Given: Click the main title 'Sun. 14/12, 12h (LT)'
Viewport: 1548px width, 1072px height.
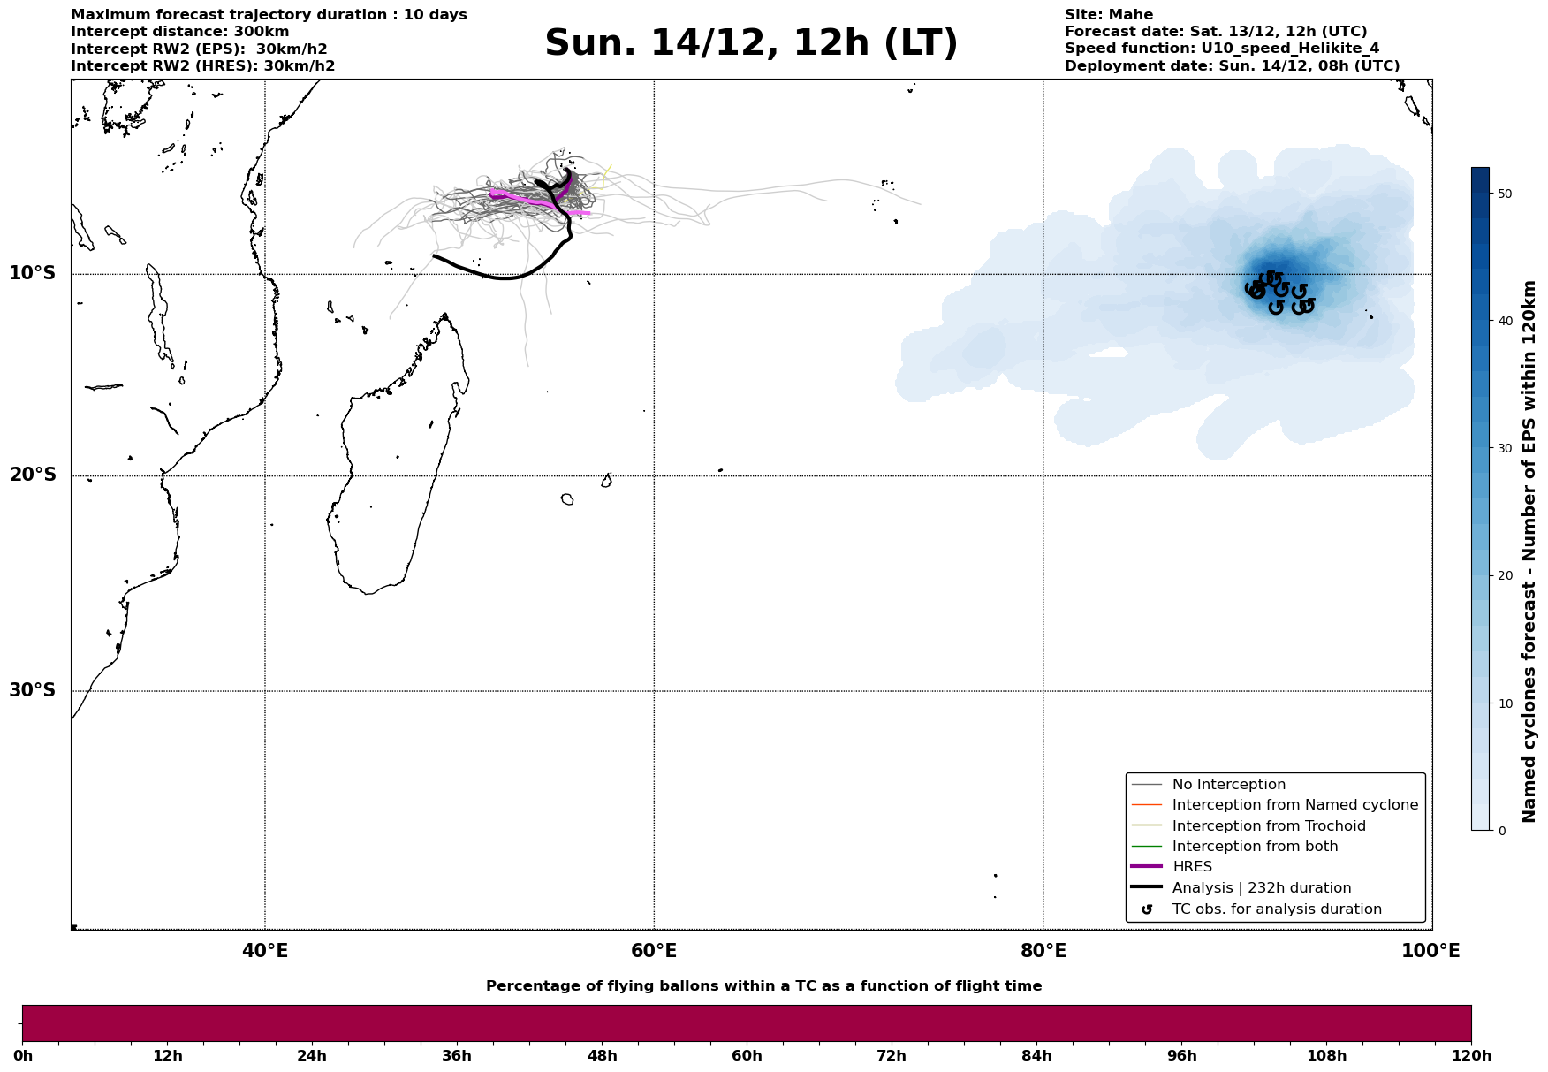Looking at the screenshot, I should click(751, 44).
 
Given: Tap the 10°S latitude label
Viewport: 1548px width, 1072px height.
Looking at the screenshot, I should click(33, 273).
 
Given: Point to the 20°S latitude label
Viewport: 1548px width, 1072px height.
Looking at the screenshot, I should click(33, 475).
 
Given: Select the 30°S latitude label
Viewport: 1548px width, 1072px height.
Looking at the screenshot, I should click(33, 690).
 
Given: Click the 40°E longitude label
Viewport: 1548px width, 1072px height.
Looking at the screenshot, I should click(265, 952).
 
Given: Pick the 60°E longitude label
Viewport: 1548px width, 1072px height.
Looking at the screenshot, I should click(654, 952).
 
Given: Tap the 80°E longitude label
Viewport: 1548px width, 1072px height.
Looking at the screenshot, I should click(1043, 952).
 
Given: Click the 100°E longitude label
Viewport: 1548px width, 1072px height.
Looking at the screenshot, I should click(1430, 952).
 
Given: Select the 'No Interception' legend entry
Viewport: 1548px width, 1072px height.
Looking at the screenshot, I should click(1228, 785).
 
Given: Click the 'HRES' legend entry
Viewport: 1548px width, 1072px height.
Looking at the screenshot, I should click(1192, 867).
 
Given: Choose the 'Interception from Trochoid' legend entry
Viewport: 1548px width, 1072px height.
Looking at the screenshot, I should click(1268, 826).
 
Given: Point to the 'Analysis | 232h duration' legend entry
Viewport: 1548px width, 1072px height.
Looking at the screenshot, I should click(1261, 888).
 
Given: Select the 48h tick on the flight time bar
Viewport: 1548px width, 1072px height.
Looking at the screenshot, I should click(602, 1056).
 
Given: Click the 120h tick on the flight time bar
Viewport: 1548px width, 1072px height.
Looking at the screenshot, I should click(1471, 1056).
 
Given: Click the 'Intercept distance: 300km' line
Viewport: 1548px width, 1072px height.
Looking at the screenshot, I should click(179, 32).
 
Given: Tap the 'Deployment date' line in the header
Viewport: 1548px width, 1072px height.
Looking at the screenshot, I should click(1232, 66).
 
